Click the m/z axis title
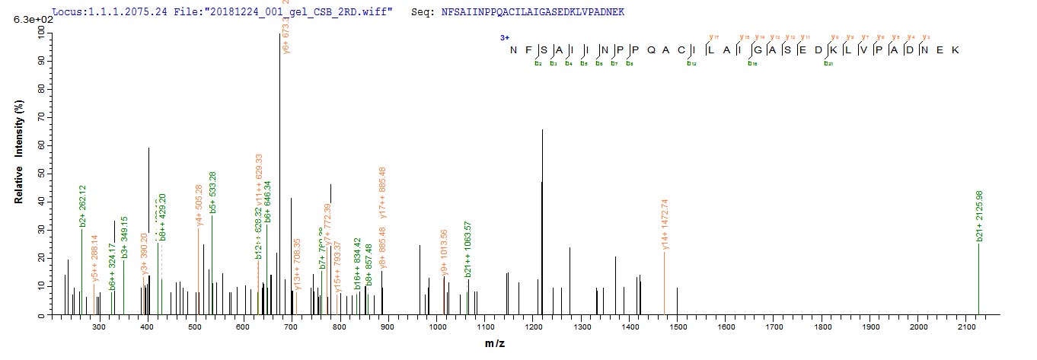(495, 344)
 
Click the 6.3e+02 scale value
(28, 21)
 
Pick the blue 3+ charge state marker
(504, 37)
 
